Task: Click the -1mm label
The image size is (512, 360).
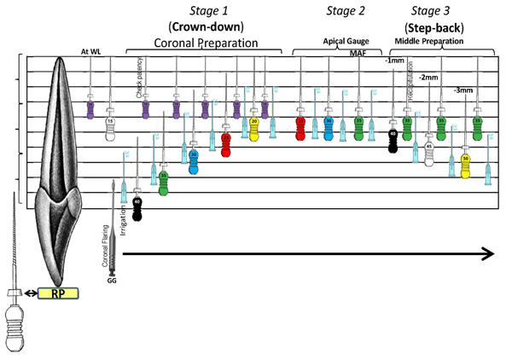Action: [394, 61]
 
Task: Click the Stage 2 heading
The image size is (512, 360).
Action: [346, 11]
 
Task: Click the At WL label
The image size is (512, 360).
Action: [91, 51]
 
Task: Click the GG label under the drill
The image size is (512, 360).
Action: [112, 280]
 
